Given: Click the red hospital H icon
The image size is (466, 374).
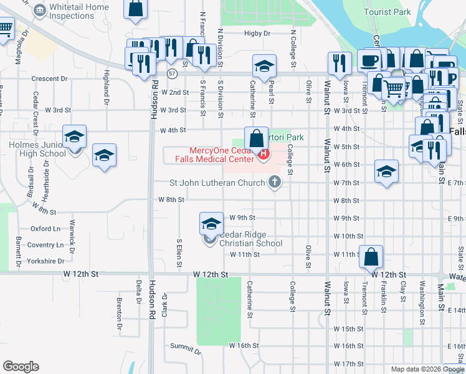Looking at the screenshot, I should (264, 154).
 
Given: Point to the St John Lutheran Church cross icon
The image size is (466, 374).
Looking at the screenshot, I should (273, 183).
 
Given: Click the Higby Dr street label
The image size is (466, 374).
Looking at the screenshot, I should (257, 33).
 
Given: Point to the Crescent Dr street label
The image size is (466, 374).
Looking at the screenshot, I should (49, 79).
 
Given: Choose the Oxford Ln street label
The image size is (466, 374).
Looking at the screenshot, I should (45, 229).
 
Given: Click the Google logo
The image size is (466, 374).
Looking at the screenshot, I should (21, 367).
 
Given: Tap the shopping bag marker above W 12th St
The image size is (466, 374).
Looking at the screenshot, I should (371, 256).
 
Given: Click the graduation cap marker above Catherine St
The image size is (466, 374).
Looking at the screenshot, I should (264, 65).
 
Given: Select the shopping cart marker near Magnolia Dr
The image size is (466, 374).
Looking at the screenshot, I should (5, 28).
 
